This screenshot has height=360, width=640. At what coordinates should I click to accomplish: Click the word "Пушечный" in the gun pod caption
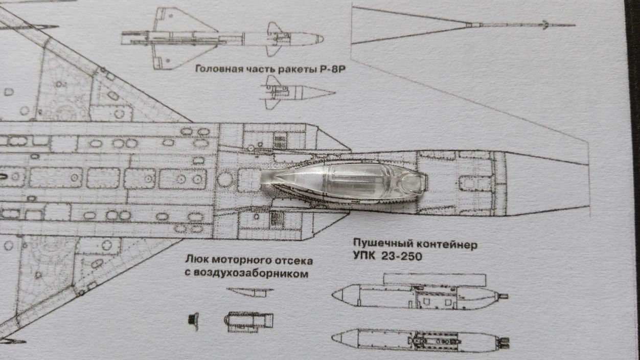[380, 244]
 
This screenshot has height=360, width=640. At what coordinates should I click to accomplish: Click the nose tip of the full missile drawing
[322, 38]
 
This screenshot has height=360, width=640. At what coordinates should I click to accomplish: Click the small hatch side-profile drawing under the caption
[250, 292]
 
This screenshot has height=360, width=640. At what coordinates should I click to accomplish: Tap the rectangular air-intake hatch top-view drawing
[248, 321]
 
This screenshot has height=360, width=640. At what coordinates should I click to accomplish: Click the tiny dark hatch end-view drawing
[193, 319]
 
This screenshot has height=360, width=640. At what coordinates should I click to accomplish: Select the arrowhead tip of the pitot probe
[546, 24]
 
